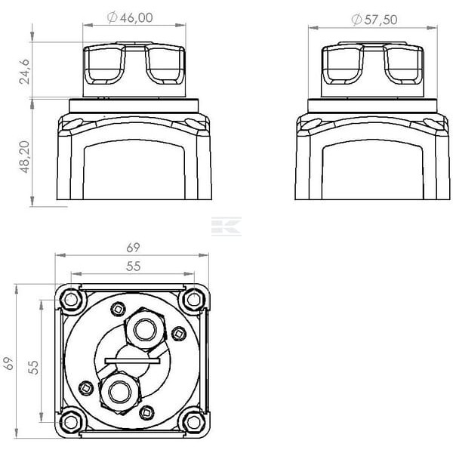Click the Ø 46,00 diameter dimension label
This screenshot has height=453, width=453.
point(130,17)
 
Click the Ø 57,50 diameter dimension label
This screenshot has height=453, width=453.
point(374,20)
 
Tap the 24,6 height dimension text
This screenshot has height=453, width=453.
point(25,72)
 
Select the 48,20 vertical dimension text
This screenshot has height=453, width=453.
point(25,157)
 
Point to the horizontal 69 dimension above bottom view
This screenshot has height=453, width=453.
point(133,248)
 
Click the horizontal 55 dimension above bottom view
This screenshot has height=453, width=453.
point(133,266)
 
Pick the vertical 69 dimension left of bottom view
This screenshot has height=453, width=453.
point(8,363)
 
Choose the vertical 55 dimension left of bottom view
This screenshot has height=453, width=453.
point(33,368)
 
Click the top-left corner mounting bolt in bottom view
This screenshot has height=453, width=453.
point(72,300)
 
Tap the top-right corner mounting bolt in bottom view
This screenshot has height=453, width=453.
point(194,300)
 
